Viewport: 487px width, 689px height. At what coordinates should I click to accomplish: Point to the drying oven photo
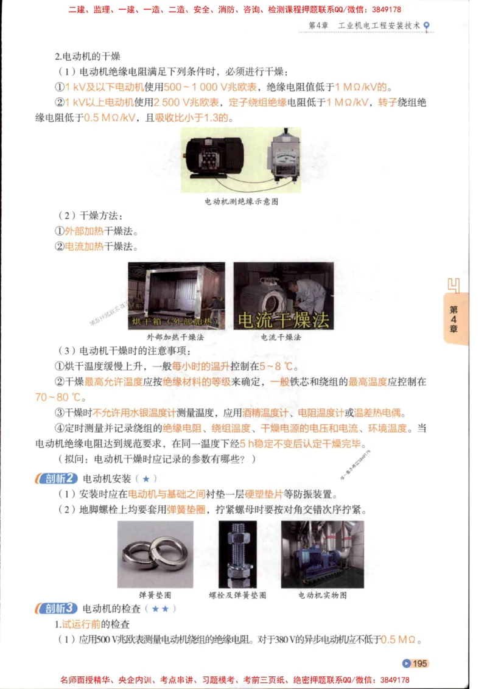click(176, 295)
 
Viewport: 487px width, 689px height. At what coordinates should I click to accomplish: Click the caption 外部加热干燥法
click(175, 337)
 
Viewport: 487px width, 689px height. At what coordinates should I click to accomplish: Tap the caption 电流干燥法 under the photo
click(281, 337)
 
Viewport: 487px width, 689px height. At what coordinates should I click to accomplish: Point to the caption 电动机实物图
click(323, 595)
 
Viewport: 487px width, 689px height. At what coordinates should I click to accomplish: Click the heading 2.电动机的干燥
click(87, 57)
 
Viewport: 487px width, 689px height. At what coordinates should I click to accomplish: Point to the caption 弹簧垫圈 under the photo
click(155, 595)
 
